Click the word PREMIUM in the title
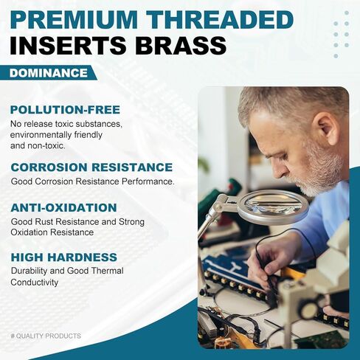74,20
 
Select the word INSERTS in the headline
68,46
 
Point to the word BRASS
181,46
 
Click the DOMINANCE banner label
49,73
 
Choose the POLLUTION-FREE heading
65,110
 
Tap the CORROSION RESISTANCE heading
91,167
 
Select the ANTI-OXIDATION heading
63,208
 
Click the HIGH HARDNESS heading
64,257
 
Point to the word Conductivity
35,283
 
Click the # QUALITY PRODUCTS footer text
46,336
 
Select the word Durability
30,271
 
